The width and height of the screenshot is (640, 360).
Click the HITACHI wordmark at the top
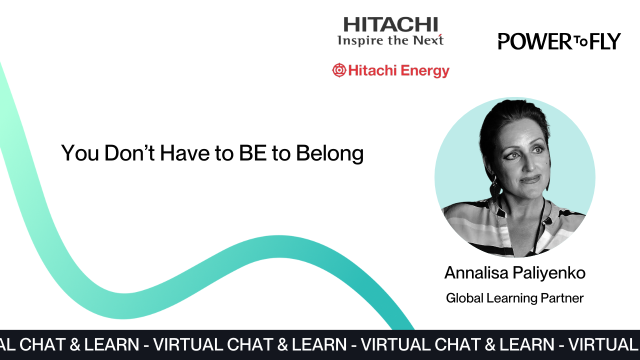pyautogui.click(x=390, y=24)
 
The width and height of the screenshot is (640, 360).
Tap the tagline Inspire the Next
pyautogui.click(x=390, y=40)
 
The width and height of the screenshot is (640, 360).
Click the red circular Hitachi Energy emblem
pyautogui.click(x=339, y=70)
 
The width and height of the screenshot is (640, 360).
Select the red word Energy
pyautogui.click(x=425, y=71)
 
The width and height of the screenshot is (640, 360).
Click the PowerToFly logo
pyautogui.click(x=559, y=41)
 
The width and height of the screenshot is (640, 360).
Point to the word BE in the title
pyautogui.click(x=253, y=153)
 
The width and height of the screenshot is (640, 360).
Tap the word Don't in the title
pyautogui.click(x=129, y=153)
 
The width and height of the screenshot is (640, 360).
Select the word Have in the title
pyautogui.click(x=185, y=153)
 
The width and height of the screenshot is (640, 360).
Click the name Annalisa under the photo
pyautogui.click(x=476, y=272)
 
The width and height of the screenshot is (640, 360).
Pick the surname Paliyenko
pyautogui.click(x=549, y=273)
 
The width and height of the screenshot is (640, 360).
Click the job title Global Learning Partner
pyautogui.click(x=514, y=298)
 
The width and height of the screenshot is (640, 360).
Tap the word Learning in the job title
pyautogui.click(x=511, y=298)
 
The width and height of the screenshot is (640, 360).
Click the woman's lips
pyautogui.click(x=530, y=179)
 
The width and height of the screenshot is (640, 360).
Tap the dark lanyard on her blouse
pyautogui.click(x=539, y=225)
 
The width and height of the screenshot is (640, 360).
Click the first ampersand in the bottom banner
pyautogui.click(x=75, y=344)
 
